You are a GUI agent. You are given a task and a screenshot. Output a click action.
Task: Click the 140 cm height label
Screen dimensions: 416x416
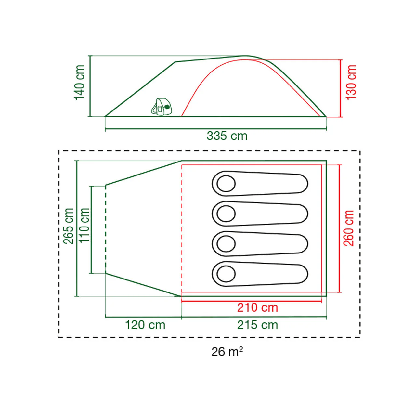[x=80, y=83]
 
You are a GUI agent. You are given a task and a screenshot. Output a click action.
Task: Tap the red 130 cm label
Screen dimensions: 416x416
[x=351, y=83]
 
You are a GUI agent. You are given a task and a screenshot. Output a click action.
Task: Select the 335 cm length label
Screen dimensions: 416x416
[x=227, y=136]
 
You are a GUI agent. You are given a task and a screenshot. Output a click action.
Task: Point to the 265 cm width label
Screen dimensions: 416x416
[x=69, y=226]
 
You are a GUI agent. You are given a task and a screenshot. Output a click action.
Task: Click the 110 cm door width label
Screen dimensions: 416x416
[x=84, y=225]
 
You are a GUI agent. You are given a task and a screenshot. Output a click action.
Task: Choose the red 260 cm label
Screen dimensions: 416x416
[x=349, y=228]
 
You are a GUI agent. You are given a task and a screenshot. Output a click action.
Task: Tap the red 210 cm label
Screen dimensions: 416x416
[x=257, y=307]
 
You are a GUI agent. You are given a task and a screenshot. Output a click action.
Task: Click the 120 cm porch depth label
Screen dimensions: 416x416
[x=145, y=325]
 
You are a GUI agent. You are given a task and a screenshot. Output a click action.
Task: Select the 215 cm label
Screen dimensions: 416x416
[x=257, y=325]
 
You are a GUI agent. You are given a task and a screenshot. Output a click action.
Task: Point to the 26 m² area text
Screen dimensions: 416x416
[x=227, y=352]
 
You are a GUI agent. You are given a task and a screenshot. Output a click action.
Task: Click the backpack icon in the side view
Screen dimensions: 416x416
[x=162, y=107]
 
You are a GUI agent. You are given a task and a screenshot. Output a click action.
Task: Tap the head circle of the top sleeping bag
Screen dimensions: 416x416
[x=226, y=184]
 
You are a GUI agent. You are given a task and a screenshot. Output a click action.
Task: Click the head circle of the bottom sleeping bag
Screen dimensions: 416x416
[x=226, y=274]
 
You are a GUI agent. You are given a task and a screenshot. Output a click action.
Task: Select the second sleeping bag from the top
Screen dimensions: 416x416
[x=260, y=214]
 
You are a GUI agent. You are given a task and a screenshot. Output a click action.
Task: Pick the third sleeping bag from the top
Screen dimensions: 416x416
[x=260, y=244]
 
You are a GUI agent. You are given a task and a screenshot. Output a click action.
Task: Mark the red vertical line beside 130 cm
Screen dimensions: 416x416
[x=341, y=88]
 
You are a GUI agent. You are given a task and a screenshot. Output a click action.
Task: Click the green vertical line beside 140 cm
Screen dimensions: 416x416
[x=90, y=86]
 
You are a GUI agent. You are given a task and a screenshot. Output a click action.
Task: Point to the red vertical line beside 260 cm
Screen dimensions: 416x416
[x=340, y=228]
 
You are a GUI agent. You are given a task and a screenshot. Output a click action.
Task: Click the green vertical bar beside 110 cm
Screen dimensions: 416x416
[x=91, y=229]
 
